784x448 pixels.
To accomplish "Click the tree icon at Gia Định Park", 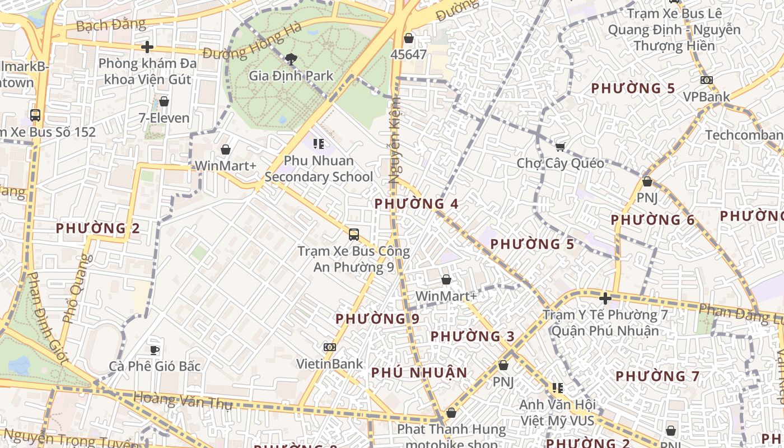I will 291,58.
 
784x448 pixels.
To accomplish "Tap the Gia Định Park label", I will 291,76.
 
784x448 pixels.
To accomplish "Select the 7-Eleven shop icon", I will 164,101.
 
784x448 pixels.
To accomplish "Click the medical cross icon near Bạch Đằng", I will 147,47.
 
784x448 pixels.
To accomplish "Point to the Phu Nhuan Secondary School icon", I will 319,144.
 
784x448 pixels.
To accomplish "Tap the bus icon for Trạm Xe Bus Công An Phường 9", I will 354,234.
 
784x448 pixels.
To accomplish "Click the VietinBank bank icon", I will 330,347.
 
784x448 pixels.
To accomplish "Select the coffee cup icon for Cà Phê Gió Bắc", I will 155,350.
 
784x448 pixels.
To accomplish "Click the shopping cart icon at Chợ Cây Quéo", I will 560,147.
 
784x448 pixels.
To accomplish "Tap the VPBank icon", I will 707,80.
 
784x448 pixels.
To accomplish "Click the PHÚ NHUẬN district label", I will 419,372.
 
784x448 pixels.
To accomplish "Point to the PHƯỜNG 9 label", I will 377,319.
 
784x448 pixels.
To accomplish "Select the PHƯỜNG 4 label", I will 417,204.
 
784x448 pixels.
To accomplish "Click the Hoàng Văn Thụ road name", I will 183,400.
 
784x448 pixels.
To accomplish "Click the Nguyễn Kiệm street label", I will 394,140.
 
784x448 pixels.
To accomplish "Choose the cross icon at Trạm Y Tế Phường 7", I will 605,298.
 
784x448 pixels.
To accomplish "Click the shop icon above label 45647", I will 409,38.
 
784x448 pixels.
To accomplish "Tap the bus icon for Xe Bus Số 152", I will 35,115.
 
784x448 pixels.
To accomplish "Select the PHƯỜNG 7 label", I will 657,376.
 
